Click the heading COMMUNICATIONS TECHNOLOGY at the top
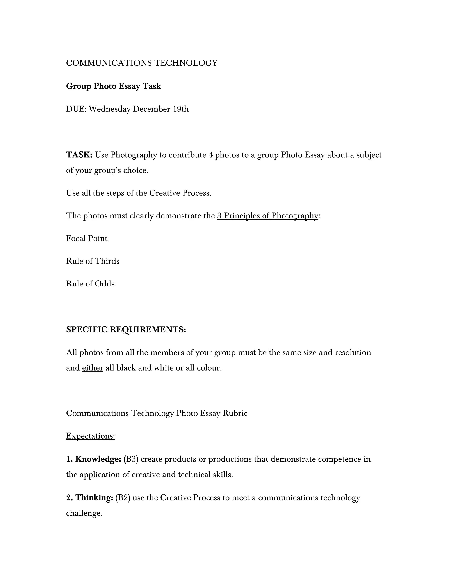coord(142,63)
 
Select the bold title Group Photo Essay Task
coord(114,86)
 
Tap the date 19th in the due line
coord(181,109)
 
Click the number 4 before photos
coord(211,155)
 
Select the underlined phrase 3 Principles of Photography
coord(268,216)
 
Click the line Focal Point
coord(87,238)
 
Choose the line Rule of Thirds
coord(93,261)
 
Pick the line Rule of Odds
coord(90,284)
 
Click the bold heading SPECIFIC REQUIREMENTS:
coord(126,330)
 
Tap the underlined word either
coord(93,368)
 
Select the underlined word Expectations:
coord(91,436)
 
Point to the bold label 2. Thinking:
coord(90,498)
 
